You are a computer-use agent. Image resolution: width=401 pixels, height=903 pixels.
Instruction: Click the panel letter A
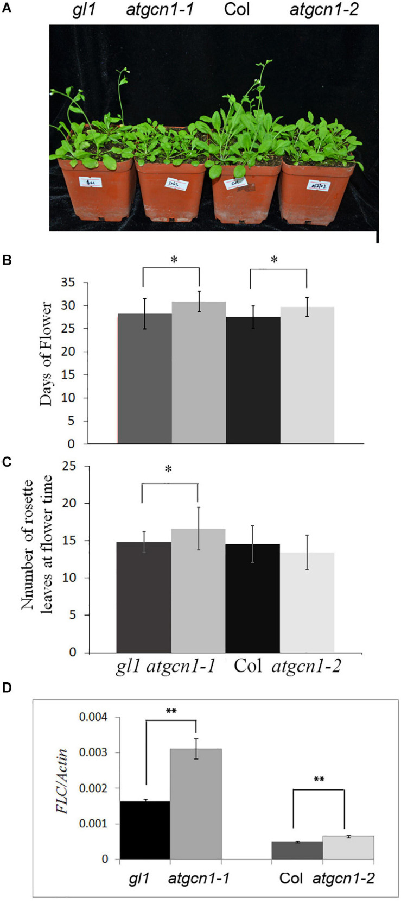click(x=7, y=9)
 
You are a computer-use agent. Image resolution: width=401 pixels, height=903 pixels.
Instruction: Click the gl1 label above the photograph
click(x=84, y=10)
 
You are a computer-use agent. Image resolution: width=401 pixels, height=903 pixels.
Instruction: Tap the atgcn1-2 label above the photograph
click(x=324, y=10)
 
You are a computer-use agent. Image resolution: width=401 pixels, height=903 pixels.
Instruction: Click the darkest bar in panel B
click(x=253, y=380)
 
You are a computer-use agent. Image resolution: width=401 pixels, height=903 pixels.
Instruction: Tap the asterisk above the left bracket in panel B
click(x=174, y=260)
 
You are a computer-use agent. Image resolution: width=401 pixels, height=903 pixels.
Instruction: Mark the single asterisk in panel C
click(x=168, y=469)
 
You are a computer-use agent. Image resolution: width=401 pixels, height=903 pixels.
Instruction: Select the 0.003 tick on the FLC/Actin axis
click(x=93, y=753)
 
